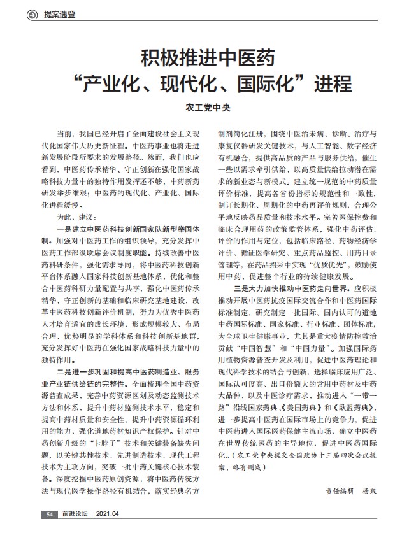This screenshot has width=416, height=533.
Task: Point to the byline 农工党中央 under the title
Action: [x=208, y=108]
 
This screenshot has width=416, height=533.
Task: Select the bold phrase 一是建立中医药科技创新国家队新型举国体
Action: [x=129, y=230]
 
